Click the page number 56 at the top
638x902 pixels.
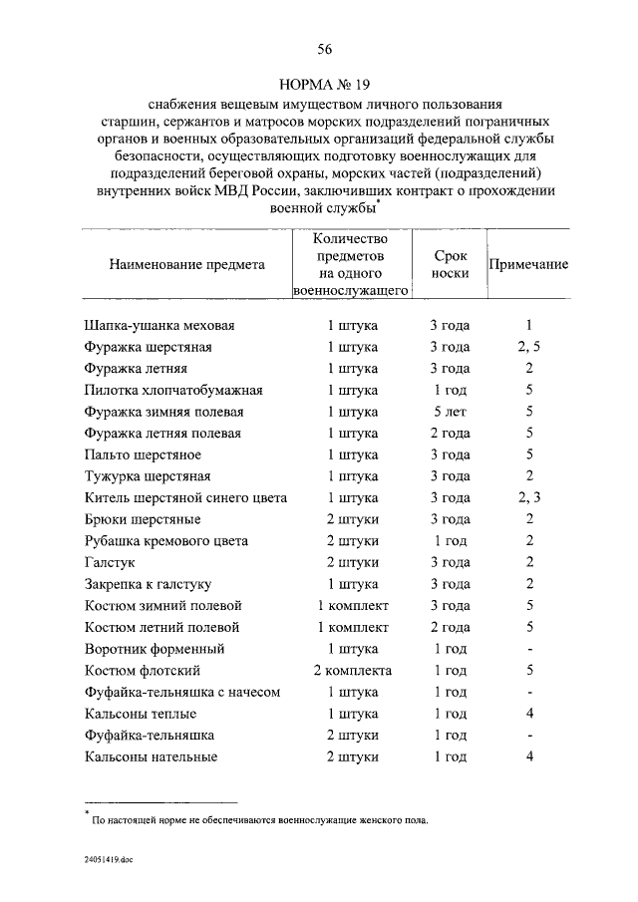tap(324, 50)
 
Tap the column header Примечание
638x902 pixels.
tap(528, 265)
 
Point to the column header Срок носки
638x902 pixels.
tap(451, 265)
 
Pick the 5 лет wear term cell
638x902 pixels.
tap(451, 412)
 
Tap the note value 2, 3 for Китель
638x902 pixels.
tap(528, 498)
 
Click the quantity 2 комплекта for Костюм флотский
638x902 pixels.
tap(353, 671)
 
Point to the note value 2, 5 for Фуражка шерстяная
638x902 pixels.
tap(528, 347)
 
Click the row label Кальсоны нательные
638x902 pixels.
tap(152, 757)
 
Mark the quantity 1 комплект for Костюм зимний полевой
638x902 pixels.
tap(353, 606)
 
